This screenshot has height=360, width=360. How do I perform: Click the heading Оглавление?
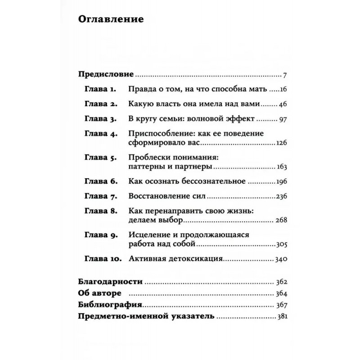point(111,20)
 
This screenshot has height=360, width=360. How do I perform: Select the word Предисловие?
point(106,74)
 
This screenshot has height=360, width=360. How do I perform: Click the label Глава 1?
point(100,89)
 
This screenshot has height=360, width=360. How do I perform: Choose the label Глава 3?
point(100,119)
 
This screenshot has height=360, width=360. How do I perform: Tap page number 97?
point(283,119)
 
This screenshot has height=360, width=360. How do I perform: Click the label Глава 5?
point(100,158)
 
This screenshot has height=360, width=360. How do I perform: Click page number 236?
point(281,197)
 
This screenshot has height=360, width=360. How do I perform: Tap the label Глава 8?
point(100,212)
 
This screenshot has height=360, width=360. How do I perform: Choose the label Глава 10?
point(102,260)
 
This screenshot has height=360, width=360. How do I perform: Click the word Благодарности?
point(110,283)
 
